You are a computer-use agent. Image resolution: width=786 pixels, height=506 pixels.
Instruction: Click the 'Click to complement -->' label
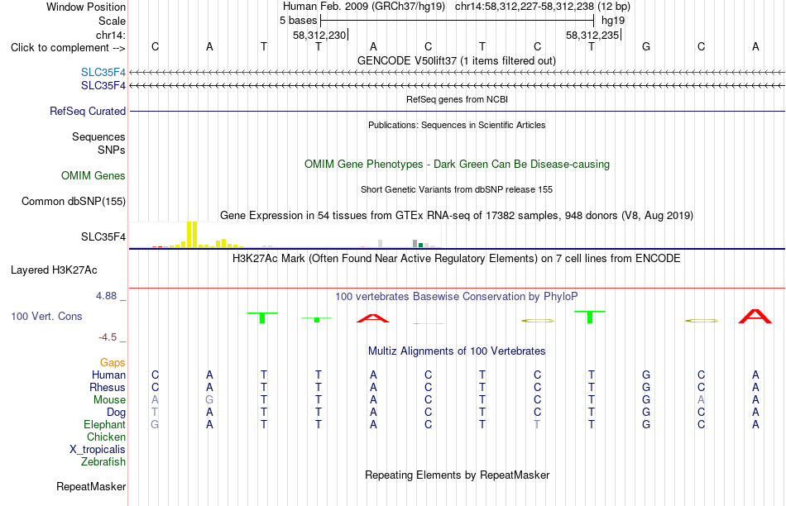pyautogui.click(x=68, y=48)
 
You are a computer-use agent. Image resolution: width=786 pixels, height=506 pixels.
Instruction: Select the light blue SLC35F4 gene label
pyautogui.click(x=103, y=73)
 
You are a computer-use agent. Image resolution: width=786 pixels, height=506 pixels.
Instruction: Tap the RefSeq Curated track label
pyautogui.click(x=88, y=112)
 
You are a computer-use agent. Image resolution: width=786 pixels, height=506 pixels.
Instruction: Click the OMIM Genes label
pyautogui.click(x=93, y=176)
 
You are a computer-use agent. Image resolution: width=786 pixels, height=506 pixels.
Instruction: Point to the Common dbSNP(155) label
pyautogui.click(x=74, y=202)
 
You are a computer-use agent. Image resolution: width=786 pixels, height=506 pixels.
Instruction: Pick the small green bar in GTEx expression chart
pyautogui.click(x=420, y=245)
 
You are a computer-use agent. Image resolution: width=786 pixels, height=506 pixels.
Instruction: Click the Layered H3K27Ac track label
pyautogui.click(x=54, y=270)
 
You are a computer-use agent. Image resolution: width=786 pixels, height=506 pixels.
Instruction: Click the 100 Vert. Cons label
pyautogui.click(x=46, y=316)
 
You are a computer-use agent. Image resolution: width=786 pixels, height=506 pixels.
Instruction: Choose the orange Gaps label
pyautogui.click(x=113, y=362)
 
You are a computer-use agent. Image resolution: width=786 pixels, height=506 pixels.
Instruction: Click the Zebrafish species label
pyautogui.click(x=103, y=462)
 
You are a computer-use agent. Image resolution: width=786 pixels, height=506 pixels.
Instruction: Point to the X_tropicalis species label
pyautogui.click(x=98, y=450)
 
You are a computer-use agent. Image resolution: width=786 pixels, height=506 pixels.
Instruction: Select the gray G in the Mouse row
pyautogui.click(x=209, y=400)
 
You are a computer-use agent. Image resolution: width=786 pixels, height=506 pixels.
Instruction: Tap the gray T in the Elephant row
pyautogui.click(x=537, y=424)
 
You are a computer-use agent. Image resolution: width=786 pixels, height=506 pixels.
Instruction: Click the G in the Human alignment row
pyautogui.click(x=646, y=375)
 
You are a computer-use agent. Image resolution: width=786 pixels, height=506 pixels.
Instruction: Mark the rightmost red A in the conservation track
pyautogui.click(x=755, y=317)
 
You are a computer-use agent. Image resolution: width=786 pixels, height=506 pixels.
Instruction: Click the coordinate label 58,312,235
pyautogui.click(x=592, y=35)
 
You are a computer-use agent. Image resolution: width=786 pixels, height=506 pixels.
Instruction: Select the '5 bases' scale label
pyautogui.click(x=298, y=21)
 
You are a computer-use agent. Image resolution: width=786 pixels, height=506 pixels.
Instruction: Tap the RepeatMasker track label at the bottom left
pyautogui.click(x=91, y=486)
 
